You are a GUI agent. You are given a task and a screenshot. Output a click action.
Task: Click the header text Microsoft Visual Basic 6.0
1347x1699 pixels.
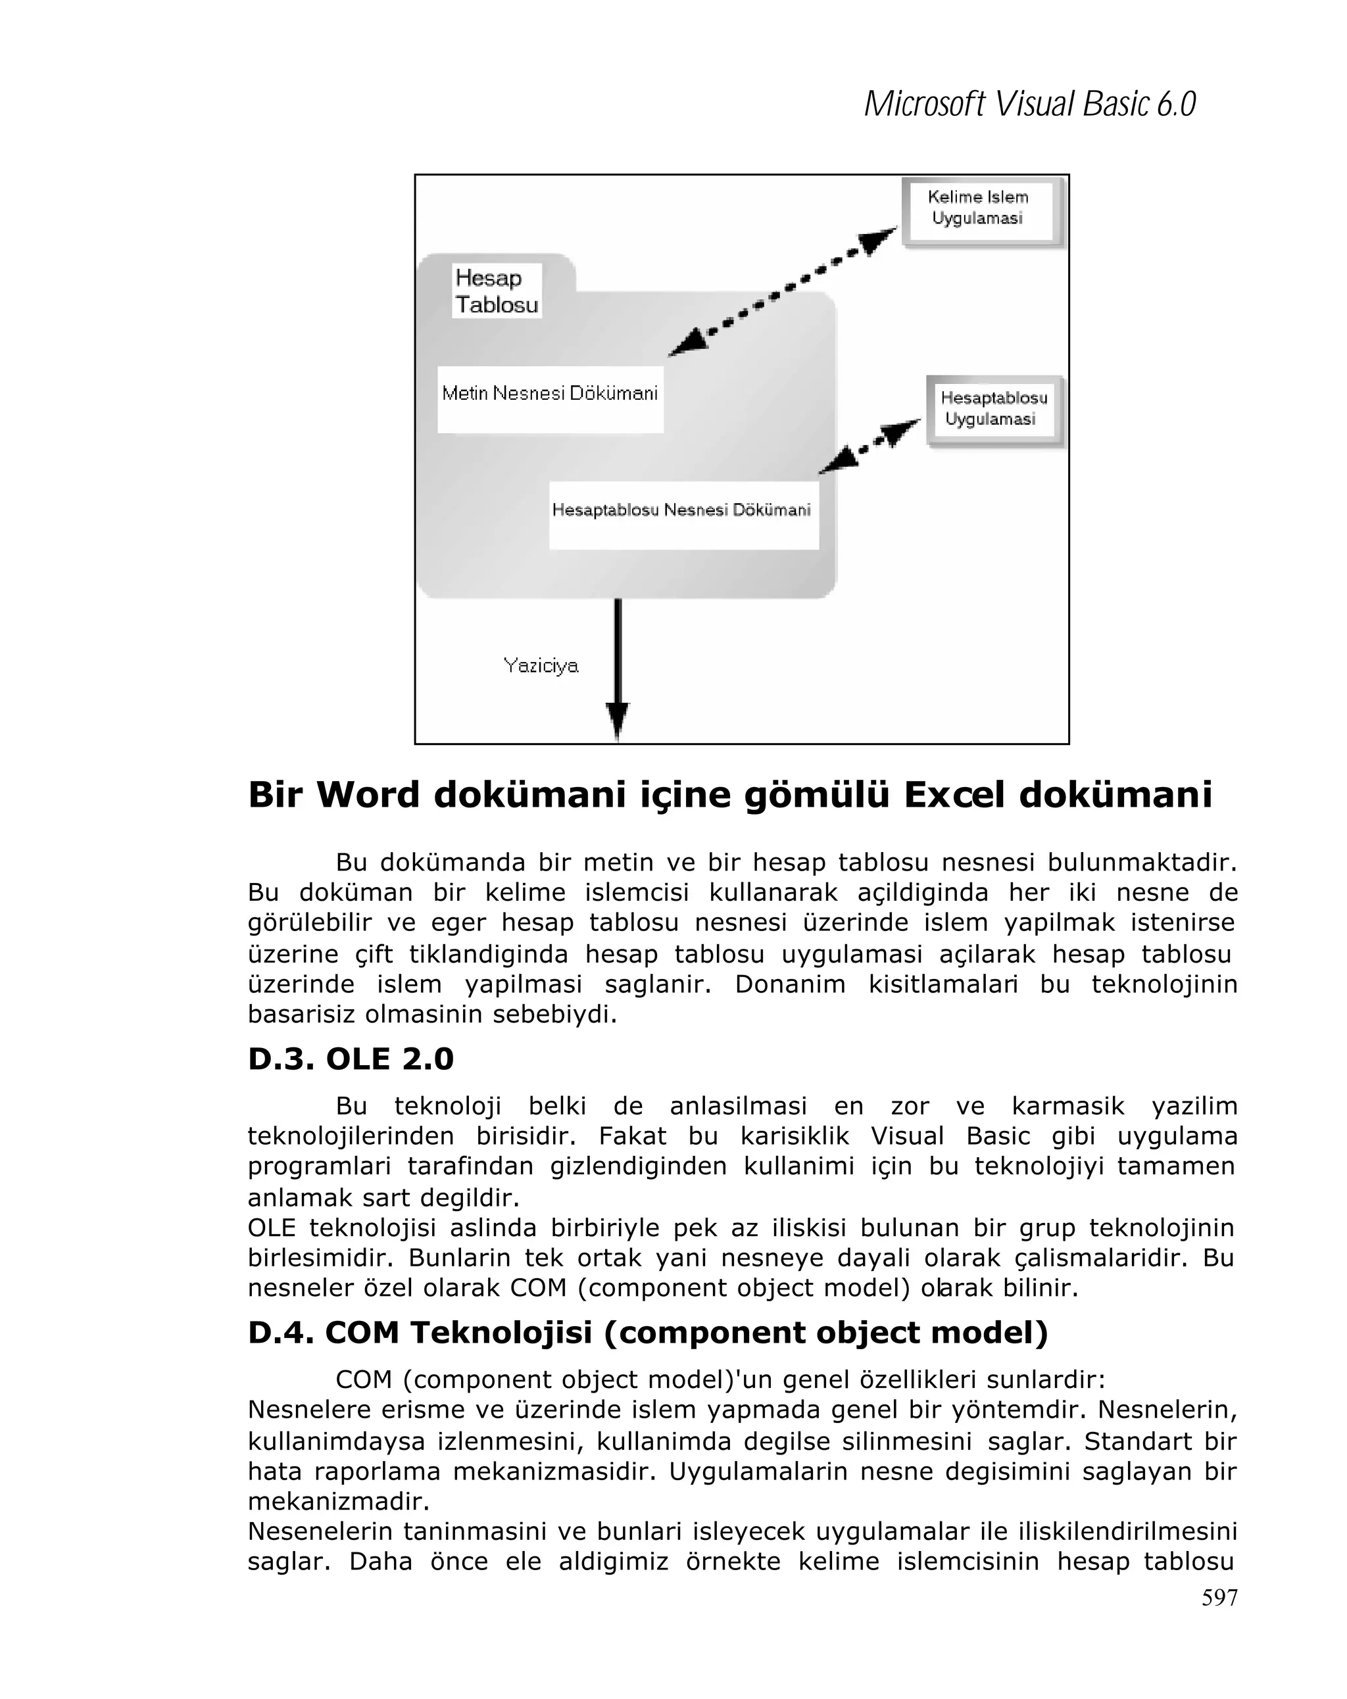pos(1029,105)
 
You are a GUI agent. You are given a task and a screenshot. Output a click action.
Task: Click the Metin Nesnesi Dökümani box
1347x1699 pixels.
pos(549,398)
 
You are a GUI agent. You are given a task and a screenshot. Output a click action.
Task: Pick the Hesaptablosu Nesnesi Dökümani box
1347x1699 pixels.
pos(682,515)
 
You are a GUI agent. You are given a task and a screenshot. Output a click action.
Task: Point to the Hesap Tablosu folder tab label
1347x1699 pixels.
pos(497,291)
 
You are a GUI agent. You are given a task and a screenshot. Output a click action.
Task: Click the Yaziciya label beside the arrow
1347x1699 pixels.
pos(541,666)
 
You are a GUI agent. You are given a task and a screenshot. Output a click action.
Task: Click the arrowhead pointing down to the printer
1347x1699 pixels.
pos(617,719)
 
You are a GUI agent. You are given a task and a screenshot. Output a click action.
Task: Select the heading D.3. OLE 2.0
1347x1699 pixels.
pos(351,1059)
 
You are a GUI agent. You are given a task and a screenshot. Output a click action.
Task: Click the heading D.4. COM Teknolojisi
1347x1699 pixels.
pos(647,1331)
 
